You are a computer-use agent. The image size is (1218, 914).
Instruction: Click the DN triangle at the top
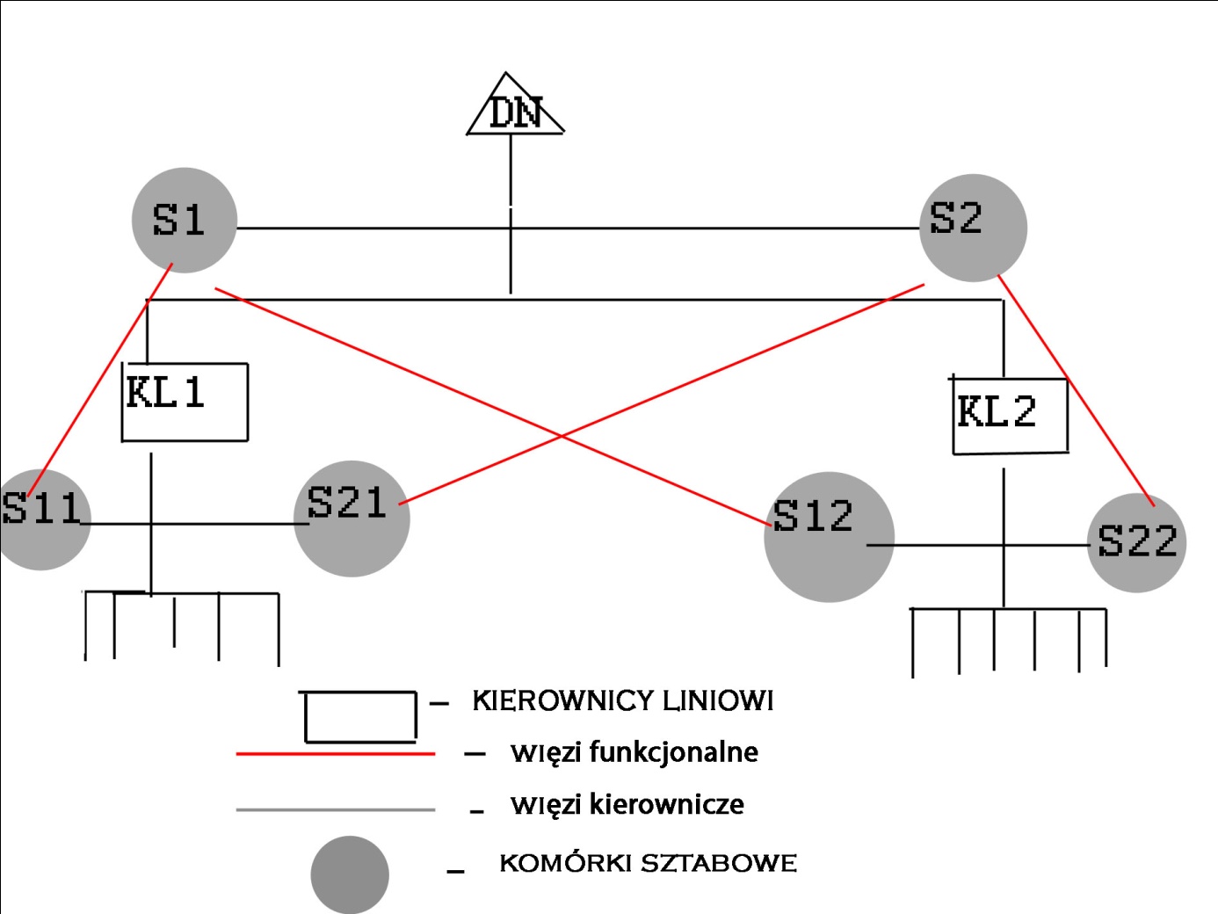pyautogui.click(x=514, y=111)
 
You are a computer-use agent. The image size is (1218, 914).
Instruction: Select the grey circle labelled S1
pyautogui.click(x=184, y=220)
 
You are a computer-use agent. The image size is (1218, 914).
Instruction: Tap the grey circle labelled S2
pyautogui.click(x=973, y=228)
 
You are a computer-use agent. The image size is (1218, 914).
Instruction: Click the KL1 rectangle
pyautogui.click(x=185, y=402)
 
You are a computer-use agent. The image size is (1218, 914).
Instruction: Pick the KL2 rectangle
pyautogui.click(x=1010, y=415)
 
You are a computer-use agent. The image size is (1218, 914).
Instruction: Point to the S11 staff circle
pyautogui.click(x=42, y=519)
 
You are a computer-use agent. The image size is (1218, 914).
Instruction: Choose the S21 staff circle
pyautogui.click(x=352, y=519)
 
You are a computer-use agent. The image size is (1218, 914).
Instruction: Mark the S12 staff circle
pyautogui.click(x=829, y=537)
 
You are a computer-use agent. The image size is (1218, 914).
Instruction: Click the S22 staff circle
pyautogui.click(x=1137, y=542)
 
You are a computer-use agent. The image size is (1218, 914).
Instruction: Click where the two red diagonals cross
pyautogui.click(x=562, y=435)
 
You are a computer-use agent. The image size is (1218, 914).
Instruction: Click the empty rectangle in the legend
pyautogui.click(x=359, y=717)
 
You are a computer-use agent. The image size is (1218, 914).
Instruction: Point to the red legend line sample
pyautogui.click(x=335, y=754)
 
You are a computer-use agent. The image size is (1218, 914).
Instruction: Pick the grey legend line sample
pyautogui.click(x=335, y=809)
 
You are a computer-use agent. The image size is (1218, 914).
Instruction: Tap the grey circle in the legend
pyautogui.click(x=350, y=874)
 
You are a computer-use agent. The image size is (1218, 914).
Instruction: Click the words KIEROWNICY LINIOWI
pyautogui.click(x=622, y=700)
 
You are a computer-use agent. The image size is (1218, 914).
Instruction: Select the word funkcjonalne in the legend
pyautogui.click(x=673, y=752)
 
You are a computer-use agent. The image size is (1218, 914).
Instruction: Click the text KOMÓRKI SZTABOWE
pyautogui.click(x=648, y=863)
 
